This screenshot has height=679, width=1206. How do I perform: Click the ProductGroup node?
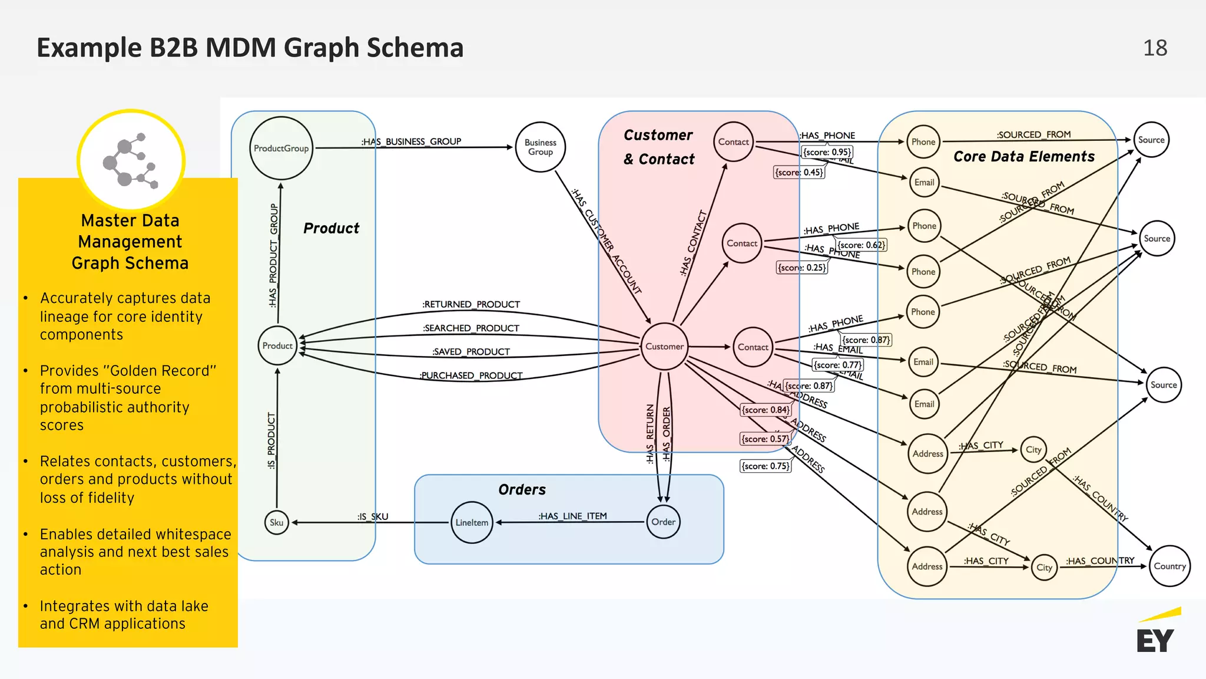pyautogui.click(x=281, y=148)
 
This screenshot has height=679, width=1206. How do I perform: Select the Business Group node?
pyautogui.click(x=540, y=147)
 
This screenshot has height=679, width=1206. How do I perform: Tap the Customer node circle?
pyautogui.click(x=664, y=347)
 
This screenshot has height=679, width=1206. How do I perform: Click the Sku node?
pyautogui.click(x=276, y=522)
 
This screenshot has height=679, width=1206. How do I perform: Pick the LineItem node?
pyautogui.click(x=472, y=522)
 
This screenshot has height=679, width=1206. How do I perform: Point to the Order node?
pyautogui.click(x=663, y=522)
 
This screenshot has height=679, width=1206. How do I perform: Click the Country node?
pyautogui.click(x=1169, y=566)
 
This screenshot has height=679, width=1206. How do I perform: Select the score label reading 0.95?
pyautogui.click(x=827, y=152)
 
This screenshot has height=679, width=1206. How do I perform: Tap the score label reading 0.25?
pyautogui.click(x=801, y=268)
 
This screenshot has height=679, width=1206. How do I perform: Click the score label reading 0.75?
pyautogui.click(x=765, y=466)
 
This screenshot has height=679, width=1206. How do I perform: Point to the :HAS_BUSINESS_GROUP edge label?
pyautogui.click(x=411, y=141)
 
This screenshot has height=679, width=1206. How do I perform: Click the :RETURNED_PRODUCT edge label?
pyautogui.click(x=471, y=304)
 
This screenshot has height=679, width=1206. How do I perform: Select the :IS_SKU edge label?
pyautogui.click(x=373, y=516)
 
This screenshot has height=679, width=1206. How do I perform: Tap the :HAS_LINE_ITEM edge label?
pyautogui.click(x=572, y=516)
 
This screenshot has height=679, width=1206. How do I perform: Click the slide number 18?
pyautogui.click(x=1155, y=48)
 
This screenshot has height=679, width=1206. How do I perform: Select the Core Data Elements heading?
pyautogui.click(x=1023, y=157)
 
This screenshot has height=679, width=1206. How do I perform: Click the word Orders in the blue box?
pyautogui.click(x=522, y=490)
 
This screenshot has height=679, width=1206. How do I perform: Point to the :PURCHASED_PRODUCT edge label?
pyautogui.click(x=471, y=375)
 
